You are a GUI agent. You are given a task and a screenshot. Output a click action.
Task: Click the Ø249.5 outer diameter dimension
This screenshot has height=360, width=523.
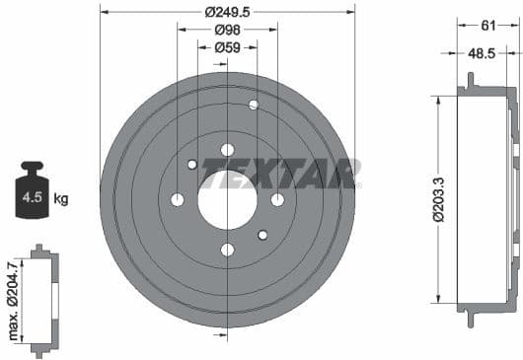click(228, 12)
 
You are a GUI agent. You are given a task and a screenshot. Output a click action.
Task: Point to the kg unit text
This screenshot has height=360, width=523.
click(61, 199)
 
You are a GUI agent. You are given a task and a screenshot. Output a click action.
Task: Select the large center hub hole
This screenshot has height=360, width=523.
click(227, 199)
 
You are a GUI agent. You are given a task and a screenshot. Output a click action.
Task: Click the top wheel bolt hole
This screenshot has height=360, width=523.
click(227, 150)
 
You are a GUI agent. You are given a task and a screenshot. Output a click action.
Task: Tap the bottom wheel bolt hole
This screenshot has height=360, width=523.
click(227, 250)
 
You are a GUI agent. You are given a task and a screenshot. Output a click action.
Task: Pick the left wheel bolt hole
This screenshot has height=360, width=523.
click(178, 200)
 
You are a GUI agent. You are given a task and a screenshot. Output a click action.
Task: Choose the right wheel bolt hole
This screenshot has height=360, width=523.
click(277, 200)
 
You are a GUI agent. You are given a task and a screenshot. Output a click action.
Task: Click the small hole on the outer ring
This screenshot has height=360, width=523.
click(254, 105)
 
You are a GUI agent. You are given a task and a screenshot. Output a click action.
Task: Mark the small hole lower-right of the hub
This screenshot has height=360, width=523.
click(262, 235)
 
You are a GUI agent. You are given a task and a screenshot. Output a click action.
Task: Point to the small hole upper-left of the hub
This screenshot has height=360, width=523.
click(192, 165)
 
